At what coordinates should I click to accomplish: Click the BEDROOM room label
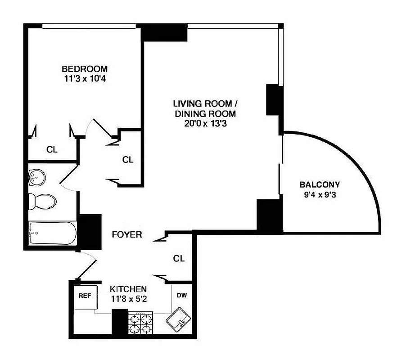tap(85, 69)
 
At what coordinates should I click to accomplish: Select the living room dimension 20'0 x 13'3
tap(205, 124)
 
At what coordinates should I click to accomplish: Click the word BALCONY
tap(320, 184)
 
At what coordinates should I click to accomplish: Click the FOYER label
tap(127, 234)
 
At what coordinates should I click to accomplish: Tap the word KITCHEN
tap(129, 289)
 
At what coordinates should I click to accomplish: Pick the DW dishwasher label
tap(182, 296)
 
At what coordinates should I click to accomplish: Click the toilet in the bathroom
tap(42, 201)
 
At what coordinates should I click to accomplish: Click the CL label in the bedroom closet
tap(52, 150)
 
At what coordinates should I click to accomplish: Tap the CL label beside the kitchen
tap(179, 259)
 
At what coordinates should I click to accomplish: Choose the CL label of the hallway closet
tap(128, 159)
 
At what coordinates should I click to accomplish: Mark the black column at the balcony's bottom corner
tap(269, 215)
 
